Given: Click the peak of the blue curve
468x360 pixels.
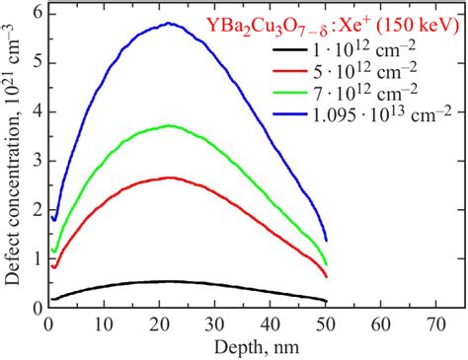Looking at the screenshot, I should [x=171, y=24].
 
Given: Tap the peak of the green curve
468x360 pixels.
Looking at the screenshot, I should [x=171, y=125].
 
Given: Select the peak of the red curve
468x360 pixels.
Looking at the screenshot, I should [x=171, y=179].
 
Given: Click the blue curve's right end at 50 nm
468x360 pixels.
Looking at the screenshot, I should [x=326, y=240].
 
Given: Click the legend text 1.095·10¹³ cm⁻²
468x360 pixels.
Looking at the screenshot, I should [x=391, y=120].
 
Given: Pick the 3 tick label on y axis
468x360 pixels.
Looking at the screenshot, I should [x=37, y=161].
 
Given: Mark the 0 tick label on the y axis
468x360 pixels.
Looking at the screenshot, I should [x=37, y=307].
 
